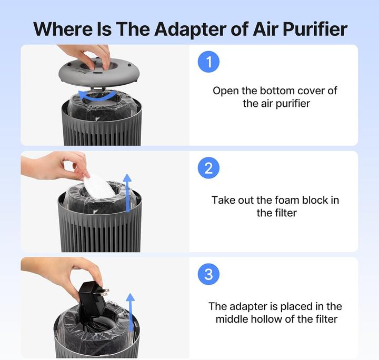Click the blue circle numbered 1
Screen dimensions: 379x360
pos(208,62)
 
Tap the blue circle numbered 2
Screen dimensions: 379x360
pos(208,168)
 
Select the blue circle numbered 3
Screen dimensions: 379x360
pos(208,274)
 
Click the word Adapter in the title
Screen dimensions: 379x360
pos(191,29)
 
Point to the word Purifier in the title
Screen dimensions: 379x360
pos(315,29)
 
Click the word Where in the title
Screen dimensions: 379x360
pos(63,29)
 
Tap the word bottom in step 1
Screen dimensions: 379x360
pos(277,91)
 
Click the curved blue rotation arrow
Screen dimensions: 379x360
pos(97,96)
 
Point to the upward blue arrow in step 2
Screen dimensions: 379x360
pos(127,193)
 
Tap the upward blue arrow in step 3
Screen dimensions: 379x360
pos(131,313)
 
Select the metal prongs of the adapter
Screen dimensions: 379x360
pos(105,292)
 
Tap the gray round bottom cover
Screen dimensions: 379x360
pos(99,73)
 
